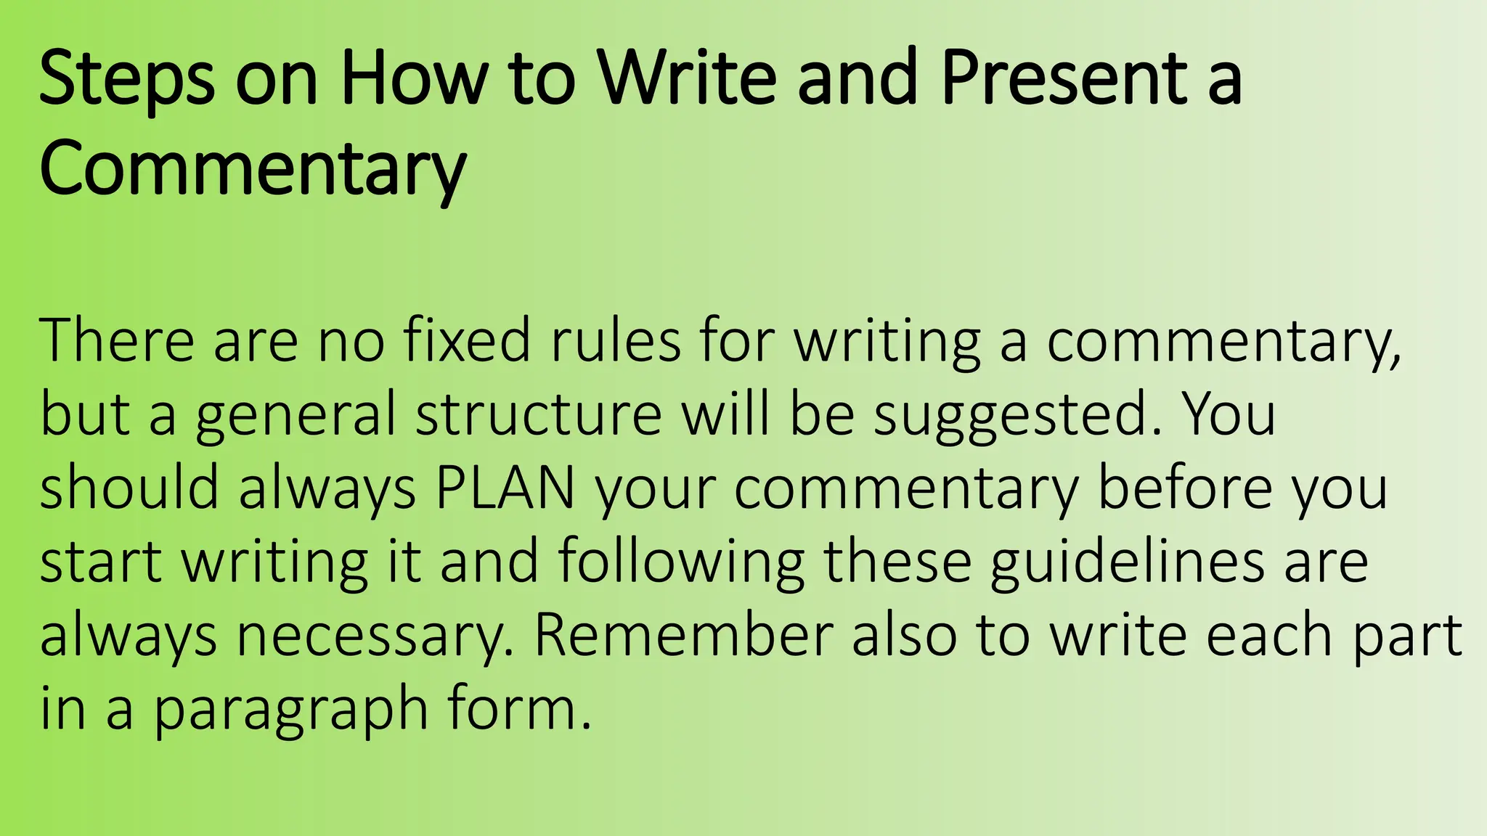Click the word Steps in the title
pos(126,78)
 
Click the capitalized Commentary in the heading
pos(253,170)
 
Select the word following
pos(681,563)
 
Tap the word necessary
pos(375,637)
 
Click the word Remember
pos(683,636)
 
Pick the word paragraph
pos(290,711)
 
